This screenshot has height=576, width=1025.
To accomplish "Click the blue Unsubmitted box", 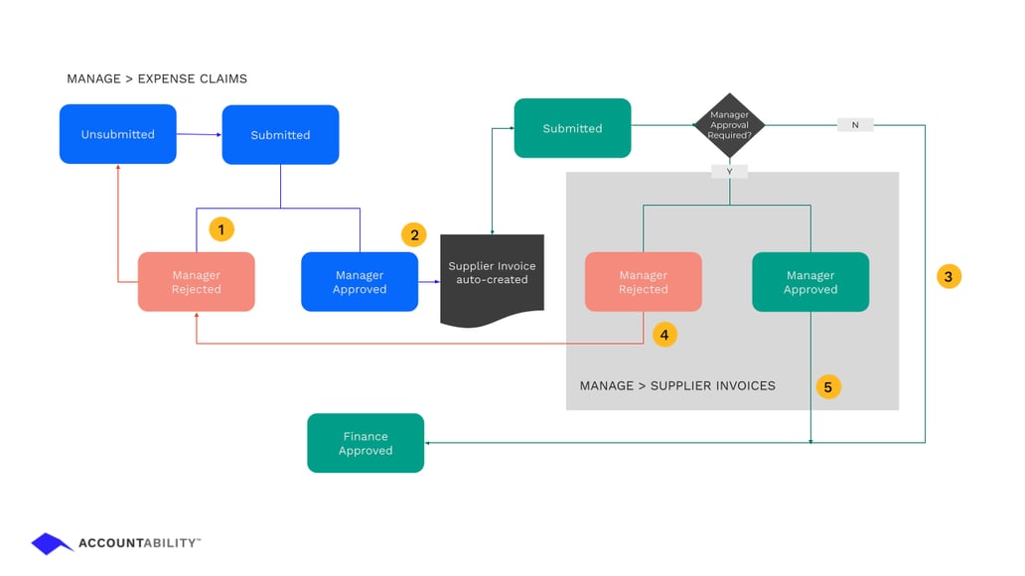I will (x=117, y=134).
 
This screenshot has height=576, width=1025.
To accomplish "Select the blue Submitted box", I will (x=280, y=135).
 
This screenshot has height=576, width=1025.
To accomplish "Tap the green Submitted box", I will (x=572, y=128).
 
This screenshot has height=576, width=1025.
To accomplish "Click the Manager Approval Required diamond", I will (x=729, y=125).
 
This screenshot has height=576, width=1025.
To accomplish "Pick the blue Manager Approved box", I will (x=360, y=282).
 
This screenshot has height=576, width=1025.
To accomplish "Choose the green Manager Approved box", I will (x=810, y=282).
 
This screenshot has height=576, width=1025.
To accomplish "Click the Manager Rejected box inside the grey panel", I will (x=643, y=282).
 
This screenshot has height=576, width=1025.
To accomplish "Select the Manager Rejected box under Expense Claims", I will (x=196, y=282).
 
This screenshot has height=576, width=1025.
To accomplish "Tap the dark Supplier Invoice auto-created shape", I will (x=492, y=277).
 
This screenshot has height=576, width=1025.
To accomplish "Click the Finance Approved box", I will (x=366, y=443).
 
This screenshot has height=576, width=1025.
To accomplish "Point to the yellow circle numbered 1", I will (x=220, y=229).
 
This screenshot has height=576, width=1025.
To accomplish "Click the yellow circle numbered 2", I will (x=413, y=235).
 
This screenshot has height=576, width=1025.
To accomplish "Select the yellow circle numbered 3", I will (x=949, y=277).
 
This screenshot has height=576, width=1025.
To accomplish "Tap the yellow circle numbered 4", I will (x=664, y=335).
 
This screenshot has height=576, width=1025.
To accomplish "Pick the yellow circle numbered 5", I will (x=828, y=387).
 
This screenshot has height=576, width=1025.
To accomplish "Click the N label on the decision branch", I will (x=855, y=125).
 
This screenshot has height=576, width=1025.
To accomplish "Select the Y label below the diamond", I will (x=729, y=172).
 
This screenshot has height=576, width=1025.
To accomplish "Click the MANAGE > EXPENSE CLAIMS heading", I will (x=157, y=78).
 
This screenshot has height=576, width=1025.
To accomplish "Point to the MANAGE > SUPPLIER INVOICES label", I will (x=677, y=385).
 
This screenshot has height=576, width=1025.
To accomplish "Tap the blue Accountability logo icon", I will (x=53, y=543).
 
